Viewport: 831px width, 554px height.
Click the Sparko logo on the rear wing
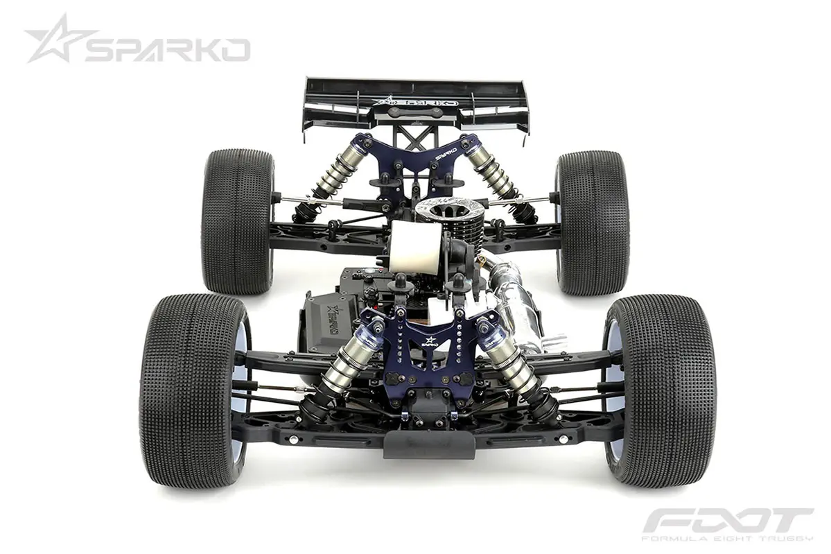pos(416,102)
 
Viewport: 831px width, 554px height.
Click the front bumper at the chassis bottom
pos(429,443)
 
